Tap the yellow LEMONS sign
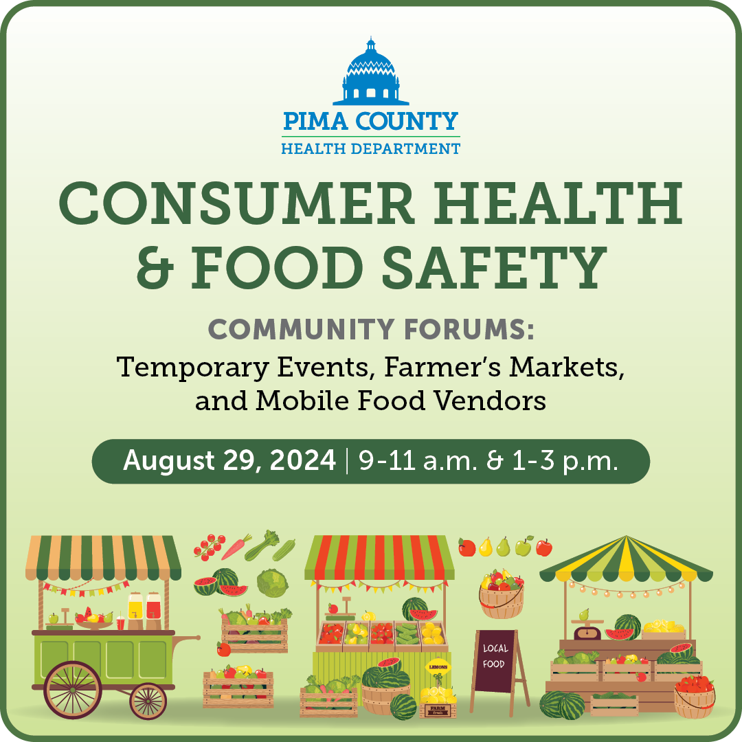pos(438,666)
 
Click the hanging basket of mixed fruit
pos(501,594)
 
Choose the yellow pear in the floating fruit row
pos(486,547)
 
